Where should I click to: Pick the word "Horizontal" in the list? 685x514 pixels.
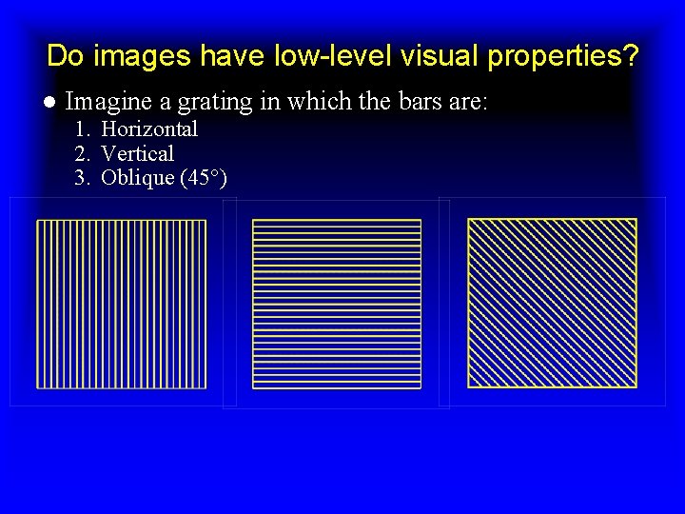149,128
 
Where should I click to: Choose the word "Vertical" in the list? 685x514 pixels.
137,153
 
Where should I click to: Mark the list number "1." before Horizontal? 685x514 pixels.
83,128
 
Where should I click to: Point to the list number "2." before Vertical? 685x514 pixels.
83,153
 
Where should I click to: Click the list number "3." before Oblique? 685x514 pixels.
83,178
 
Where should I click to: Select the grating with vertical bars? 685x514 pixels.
121,304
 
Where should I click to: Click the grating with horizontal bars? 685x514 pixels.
337,304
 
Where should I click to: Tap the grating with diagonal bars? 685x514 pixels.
552,304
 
